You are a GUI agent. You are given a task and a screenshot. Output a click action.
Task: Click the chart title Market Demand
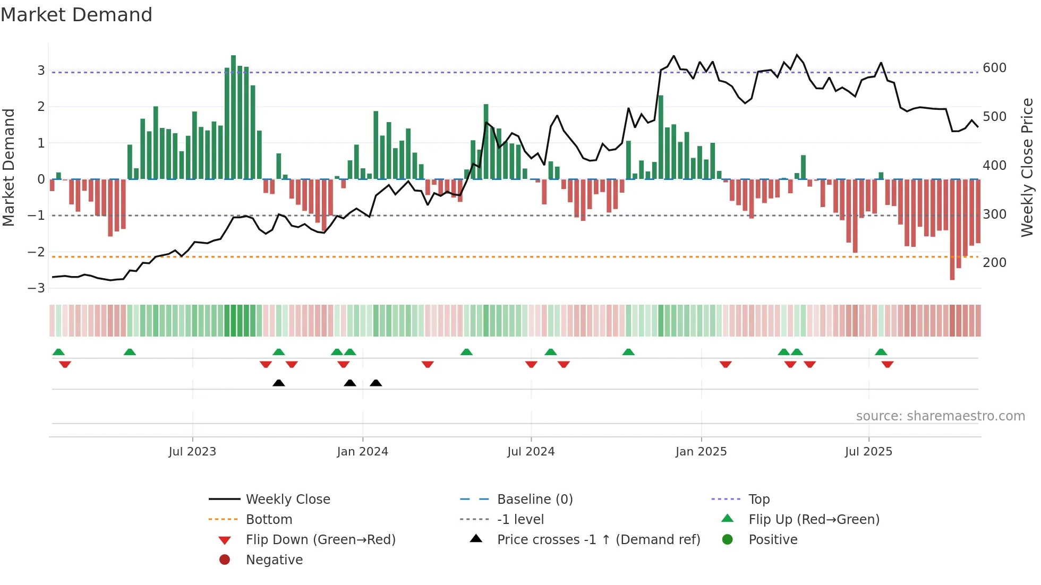click(x=76, y=15)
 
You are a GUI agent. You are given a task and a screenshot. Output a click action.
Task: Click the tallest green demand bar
click(x=233, y=117)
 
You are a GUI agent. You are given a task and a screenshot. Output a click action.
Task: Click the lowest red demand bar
click(x=952, y=229)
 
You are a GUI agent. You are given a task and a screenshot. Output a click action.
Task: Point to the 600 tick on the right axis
click(x=994, y=68)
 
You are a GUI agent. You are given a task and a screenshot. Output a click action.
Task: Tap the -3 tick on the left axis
click(x=37, y=288)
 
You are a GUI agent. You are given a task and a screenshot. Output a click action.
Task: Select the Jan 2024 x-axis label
click(x=362, y=452)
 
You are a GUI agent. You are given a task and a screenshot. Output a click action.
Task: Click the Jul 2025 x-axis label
click(x=868, y=452)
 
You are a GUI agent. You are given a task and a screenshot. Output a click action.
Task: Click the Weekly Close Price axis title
click(x=1027, y=167)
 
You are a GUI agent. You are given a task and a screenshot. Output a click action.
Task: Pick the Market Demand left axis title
click(x=9, y=167)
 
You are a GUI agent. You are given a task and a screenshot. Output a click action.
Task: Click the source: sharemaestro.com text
click(x=940, y=416)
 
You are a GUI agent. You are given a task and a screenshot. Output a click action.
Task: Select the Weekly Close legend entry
click(x=287, y=500)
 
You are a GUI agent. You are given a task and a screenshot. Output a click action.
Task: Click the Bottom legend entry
click(x=269, y=520)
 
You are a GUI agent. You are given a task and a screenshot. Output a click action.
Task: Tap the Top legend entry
click(x=758, y=500)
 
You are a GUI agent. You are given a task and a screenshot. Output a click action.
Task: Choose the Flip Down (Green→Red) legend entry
click(x=320, y=540)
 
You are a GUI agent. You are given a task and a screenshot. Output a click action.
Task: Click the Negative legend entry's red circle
click(x=225, y=560)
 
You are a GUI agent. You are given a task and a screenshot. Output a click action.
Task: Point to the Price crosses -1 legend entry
click(x=598, y=540)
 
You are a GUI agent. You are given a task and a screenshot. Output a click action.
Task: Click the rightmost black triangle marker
click(x=376, y=383)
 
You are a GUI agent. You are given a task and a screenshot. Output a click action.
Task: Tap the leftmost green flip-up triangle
click(x=58, y=352)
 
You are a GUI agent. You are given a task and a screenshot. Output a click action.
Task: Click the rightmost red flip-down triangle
click(x=888, y=364)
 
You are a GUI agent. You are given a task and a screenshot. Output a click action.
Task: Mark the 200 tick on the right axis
click(x=994, y=263)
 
